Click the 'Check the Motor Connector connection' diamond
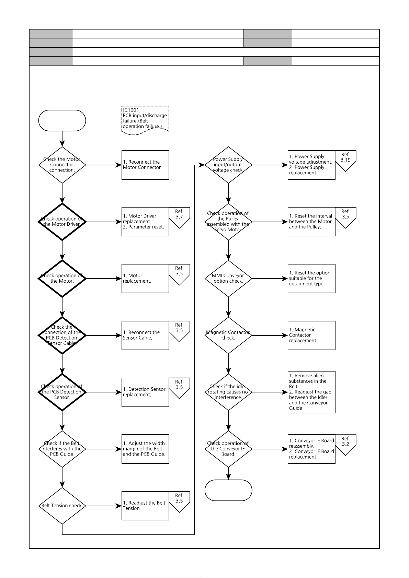62,165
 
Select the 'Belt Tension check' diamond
62,506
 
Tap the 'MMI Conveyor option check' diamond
228,279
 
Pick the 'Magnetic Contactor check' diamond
228,335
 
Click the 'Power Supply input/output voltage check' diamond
228,165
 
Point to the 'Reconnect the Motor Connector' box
145,165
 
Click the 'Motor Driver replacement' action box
145,222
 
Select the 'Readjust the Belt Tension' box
145,506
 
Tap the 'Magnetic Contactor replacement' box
311,335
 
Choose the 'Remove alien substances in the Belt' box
311,392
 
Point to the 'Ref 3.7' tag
179,217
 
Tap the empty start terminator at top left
62,120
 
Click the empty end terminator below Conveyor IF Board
228,490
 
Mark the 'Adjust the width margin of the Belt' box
145,449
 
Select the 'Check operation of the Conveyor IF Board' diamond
228,449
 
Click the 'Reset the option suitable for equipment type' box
311,279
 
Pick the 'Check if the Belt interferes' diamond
62,449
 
